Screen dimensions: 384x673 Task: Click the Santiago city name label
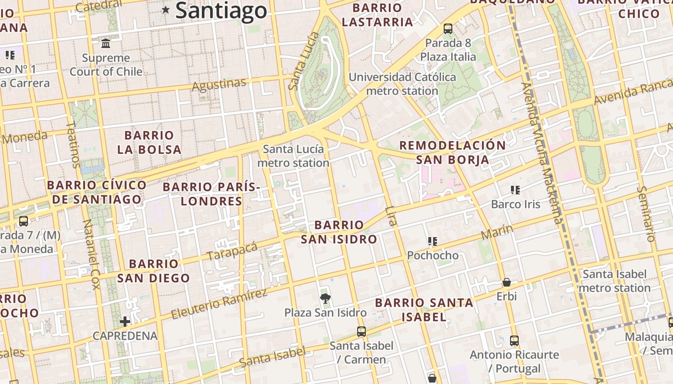(x=221, y=11)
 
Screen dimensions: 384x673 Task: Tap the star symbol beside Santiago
(x=166, y=10)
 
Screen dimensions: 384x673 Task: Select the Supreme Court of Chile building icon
(x=106, y=44)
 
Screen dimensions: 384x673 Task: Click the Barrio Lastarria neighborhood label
(x=377, y=15)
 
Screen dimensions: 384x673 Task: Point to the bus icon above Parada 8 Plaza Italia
(x=448, y=29)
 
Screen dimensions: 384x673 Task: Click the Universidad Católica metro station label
(x=402, y=84)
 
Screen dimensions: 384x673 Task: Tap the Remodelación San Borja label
(x=452, y=152)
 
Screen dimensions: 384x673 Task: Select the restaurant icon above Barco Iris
(x=515, y=190)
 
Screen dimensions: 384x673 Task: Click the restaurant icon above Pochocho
(x=433, y=241)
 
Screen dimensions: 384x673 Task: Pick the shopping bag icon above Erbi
(x=506, y=282)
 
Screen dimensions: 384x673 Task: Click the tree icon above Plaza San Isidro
(x=325, y=299)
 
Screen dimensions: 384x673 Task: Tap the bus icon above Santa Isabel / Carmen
(x=361, y=331)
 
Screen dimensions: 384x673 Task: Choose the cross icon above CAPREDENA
(x=125, y=321)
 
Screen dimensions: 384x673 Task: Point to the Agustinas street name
(x=219, y=84)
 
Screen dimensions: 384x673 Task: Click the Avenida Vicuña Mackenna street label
(x=542, y=153)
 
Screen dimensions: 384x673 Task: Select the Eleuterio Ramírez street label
(x=219, y=304)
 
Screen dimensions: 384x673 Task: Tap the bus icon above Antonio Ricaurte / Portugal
(x=514, y=341)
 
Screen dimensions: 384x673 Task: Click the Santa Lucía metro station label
(x=293, y=156)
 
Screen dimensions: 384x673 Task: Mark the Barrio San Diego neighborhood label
(x=153, y=271)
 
